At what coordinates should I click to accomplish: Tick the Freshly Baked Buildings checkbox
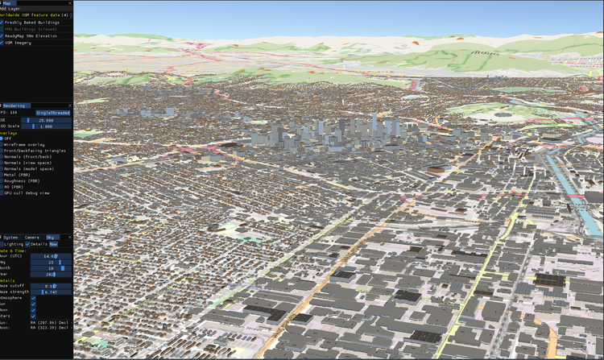pyautogui.click(x=2, y=23)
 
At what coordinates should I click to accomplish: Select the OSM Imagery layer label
pyautogui.click(x=21, y=43)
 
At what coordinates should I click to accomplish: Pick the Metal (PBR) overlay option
pyautogui.click(x=19, y=175)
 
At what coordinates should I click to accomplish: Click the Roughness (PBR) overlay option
pyautogui.click(x=25, y=181)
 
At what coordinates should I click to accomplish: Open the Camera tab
pyautogui.click(x=32, y=238)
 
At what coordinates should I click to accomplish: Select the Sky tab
pyautogui.click(x=51, y=238)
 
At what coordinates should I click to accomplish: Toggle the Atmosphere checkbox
pyautogui.click(x=33, y=298)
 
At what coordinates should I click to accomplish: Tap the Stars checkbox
pyautogui.click(x=33, y=317)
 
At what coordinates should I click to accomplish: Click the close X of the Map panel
pyautogui.click(x=70, y=3)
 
